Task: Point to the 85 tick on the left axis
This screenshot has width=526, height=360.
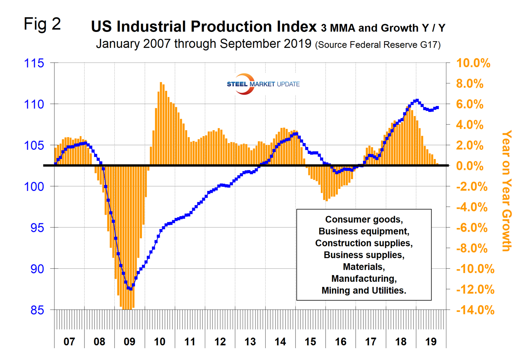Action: coord(37,310)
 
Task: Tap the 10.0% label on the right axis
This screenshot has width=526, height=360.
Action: coord(473,63)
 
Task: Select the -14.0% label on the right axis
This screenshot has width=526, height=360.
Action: coord(475,310)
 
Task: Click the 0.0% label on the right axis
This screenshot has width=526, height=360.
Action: coord(469,166)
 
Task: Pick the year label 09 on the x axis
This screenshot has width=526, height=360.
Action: coord(129,342)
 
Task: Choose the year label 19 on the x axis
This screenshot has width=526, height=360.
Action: coord(431,342)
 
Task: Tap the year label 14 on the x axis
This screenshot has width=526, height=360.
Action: coord(280,342)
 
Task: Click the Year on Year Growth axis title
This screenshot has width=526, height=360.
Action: coord(506,191)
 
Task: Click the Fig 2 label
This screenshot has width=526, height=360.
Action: coord(42,24)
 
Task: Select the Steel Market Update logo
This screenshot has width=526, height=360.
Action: coord(263,84)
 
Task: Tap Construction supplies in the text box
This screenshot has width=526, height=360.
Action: coord(363,243)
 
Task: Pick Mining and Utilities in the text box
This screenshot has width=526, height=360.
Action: coord(363,291)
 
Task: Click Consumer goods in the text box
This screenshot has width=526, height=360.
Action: coord(363,219)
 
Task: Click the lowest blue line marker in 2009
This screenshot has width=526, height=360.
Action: coord(131,288)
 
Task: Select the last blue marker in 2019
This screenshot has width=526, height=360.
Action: coord(437,108)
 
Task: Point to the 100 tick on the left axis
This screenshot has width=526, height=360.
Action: coord(34,186)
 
